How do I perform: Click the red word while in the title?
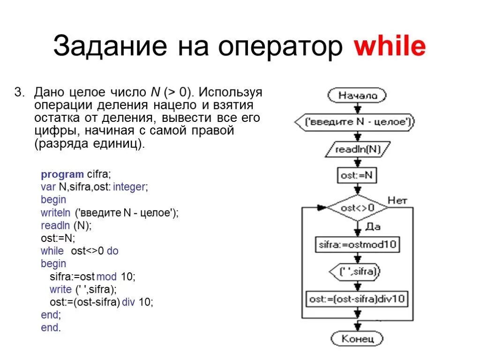click(390, 47)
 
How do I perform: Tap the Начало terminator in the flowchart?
click(357, 96)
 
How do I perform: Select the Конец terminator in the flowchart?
click(357, 338)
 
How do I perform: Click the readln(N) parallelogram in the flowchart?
click(357, 150)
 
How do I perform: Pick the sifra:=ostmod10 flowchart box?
click(357, 245)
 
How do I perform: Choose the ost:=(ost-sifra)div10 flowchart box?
click(357, 299)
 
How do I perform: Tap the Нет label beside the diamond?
click(397, 200)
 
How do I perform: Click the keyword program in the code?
click(62, 175)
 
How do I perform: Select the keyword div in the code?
click(128, 302)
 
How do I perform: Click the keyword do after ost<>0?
click(112, 251)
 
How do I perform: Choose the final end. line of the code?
click(51, 328)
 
